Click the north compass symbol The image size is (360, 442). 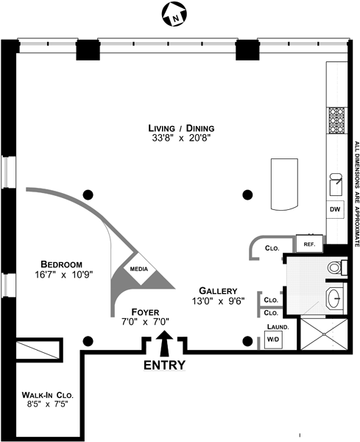coord(174,14)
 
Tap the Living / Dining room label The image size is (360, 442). coord(181,128)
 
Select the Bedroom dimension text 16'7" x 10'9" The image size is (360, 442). coord(64,275)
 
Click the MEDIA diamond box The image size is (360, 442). coord(139,269)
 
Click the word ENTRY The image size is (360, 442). coord(164,365)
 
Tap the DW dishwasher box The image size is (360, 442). coord(335,209)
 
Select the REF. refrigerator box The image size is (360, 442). coord(309,245)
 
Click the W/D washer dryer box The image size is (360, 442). coord(273,340)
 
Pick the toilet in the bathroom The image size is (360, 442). coord(338,267)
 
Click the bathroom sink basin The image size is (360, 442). coord(335,298)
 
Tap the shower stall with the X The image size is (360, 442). coord(324,334)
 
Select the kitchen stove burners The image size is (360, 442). coord(337,121)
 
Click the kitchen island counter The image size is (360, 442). coord(284,184)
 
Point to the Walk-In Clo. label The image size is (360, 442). coord(48,395)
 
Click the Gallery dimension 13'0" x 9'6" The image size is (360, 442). coord(218,301)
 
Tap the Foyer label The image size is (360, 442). coord(145,312)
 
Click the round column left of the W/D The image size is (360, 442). coord(247,341)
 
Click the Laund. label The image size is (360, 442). coord(278,327)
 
